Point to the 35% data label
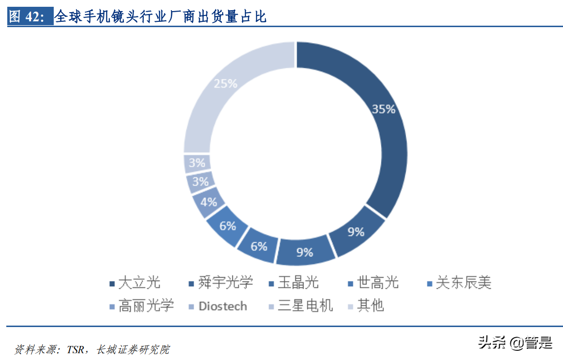click(x=383, y=109)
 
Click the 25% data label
click(x=225, y=83)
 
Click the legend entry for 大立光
click(x=138, y=282)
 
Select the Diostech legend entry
click(x=222, y=306)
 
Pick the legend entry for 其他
click(x=370, y=306)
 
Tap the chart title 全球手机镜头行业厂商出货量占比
click(x=161, y=17)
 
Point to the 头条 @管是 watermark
click(x=515, y=343)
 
